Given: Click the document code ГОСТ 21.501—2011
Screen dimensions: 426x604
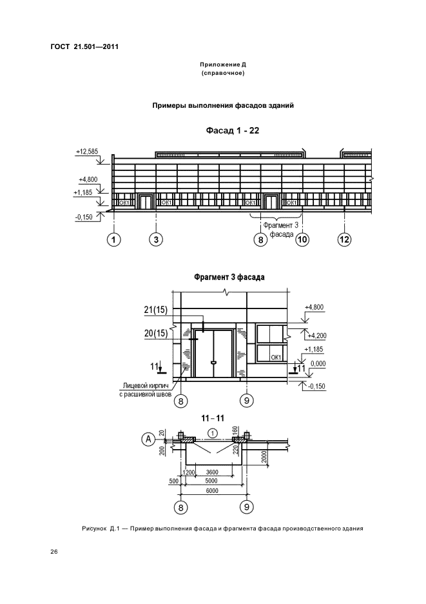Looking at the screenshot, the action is tap(84, 46).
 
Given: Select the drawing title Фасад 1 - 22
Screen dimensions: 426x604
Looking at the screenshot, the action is tap(233, 130).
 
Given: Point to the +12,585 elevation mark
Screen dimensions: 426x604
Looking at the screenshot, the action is tap(87, 152).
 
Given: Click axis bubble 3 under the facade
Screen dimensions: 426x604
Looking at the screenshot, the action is tap(156, 239).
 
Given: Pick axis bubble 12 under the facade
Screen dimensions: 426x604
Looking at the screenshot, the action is tap(344, 239).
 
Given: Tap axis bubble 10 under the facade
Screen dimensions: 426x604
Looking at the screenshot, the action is tap(302, 239).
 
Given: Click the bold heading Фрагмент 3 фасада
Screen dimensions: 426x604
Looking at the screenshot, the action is tap(229, 277).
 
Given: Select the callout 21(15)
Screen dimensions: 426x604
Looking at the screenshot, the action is tap(156, 310).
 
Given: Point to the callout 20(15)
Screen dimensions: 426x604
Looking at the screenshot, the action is tap(156, 333).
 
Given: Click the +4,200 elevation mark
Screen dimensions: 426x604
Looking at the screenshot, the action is tap(316, 336).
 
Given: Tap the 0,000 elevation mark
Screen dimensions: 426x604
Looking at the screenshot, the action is tap(318, 364).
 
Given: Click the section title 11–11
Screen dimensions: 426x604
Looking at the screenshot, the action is tap(213, 418).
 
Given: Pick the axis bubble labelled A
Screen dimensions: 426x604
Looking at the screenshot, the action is tap(149, 439).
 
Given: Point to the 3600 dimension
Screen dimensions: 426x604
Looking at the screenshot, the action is tap(212, 472).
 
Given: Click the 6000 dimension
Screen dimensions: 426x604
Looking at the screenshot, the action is tap(212, 490).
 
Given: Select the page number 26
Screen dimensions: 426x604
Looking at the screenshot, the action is tap(54, 552).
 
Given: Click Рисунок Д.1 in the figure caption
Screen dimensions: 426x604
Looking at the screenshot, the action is tap(101, 528).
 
